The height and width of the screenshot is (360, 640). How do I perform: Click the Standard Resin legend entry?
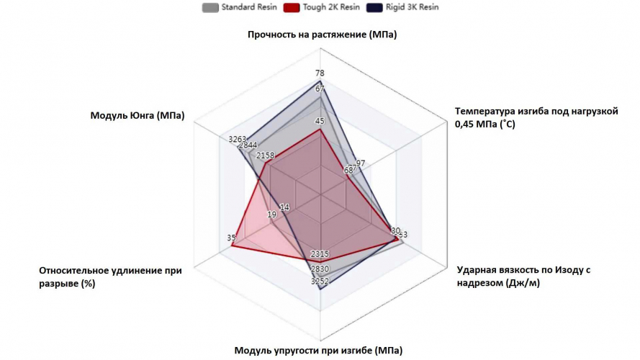pyautogui.click(x=230, y=7)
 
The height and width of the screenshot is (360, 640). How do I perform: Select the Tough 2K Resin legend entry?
pyautogui.click(x=309, y=7)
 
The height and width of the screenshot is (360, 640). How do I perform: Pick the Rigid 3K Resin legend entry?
pyautogui.click(x=402, y=7)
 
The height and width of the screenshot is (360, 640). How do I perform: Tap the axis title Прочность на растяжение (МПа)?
pyautogui.click(x=322, y=35)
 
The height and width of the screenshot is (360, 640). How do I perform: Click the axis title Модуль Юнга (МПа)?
pyautogui.click(x=137, y=116)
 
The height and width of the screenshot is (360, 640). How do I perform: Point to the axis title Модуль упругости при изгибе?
pyautogui.click(x=318, y=351)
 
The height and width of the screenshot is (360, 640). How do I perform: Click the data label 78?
pyautogui.click(x=320, y=73)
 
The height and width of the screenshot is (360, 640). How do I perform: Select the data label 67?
pyautogui.click(x=320, y=89)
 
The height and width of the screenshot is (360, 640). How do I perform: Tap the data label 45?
pyautogui.click(x=320, y=121)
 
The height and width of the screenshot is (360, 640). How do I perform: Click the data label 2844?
pyautogui.click(x=248, y=145)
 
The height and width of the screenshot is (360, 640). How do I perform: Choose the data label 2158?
pyautogui.click(x=266, y=156)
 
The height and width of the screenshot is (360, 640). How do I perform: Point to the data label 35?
pyautogui.click(x=231, y=238)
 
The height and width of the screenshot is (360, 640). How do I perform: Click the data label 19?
pyautogui.click(x=271, y=215)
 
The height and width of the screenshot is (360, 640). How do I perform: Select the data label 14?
pyautogui.click(x=284, y=207)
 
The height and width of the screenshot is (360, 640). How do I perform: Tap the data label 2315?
pyautogui.click(x=320, y=254)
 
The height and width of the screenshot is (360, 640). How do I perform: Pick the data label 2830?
pyautogui.click(x=320, y=269)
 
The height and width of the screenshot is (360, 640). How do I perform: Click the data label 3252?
pyautogui.click(x=320, y=282)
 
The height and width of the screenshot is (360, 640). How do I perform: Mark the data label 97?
pyautogui.click(x=361, y=163)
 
